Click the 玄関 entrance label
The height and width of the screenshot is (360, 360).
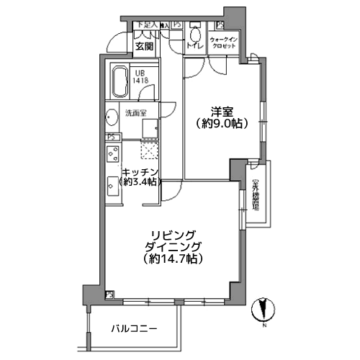[x=144, y=48]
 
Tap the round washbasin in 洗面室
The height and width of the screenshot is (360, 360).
[x=112, y=118]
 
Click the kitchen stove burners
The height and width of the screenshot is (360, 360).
[x=113, y=154]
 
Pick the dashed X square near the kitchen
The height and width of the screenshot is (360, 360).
[x=149, y=150]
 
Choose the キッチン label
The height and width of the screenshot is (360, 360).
[x=139, y=171]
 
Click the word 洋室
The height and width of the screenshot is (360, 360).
[x=222, y=111]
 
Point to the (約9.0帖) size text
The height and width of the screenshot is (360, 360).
[x=222, y=123]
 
